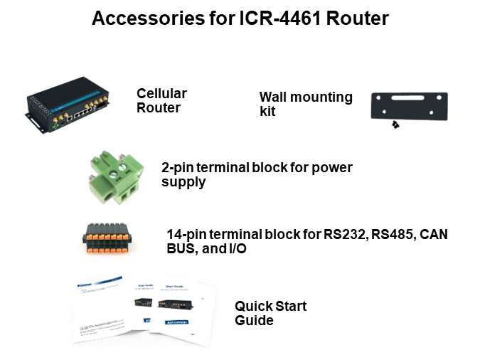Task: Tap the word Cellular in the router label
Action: coord(161,94)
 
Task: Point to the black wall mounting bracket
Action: coord(410,107)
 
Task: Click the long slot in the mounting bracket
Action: coord(410,96)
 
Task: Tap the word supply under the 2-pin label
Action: coord(183,182)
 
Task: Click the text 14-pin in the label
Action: coord(183,234)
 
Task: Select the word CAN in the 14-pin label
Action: coord(434,234)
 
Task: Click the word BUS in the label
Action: coord(181,248)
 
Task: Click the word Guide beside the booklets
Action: coord(255,321)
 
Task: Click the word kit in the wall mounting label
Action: coord(267,112)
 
